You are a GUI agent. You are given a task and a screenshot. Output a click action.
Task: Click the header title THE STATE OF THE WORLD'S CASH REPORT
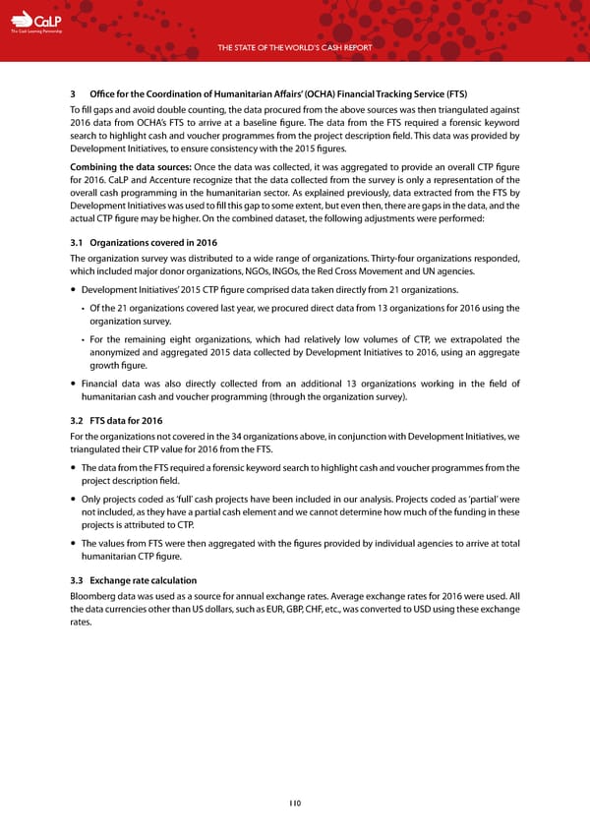click(x=295, y=47)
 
